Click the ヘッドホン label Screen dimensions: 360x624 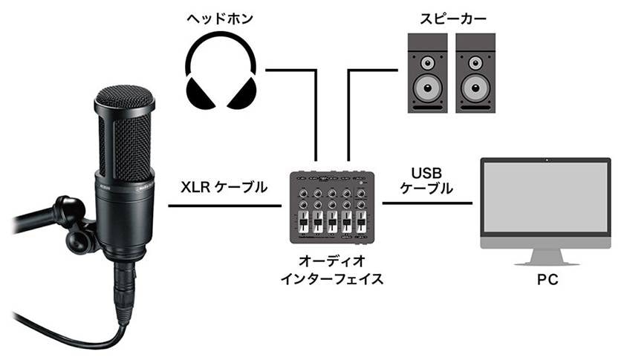tap(221, 18)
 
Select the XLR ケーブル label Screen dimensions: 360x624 tap(224, 188)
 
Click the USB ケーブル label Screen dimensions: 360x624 tap(426, 181)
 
